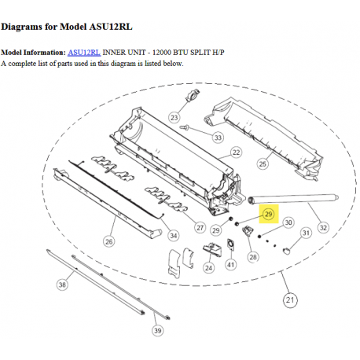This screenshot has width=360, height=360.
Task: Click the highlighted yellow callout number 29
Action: (267, 213)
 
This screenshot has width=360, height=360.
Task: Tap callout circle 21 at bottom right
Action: (292, 299)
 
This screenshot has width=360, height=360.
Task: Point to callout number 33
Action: (217, 137)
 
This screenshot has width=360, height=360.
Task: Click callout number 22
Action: (235, 152)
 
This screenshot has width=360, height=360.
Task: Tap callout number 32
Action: (322, 228)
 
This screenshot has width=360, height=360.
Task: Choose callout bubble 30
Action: (288, 222)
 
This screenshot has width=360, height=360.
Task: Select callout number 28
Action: (253, 256)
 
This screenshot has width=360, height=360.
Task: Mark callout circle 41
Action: (231, 265)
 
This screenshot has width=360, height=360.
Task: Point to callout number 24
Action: (208, 267)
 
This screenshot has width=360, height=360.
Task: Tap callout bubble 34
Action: (173, 235)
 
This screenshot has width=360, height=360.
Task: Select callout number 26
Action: (108, 241)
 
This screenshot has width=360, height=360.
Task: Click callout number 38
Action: (61, 285)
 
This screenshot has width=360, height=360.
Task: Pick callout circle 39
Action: (158, 331)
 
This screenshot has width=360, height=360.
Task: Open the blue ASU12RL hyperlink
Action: (84, 53)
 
